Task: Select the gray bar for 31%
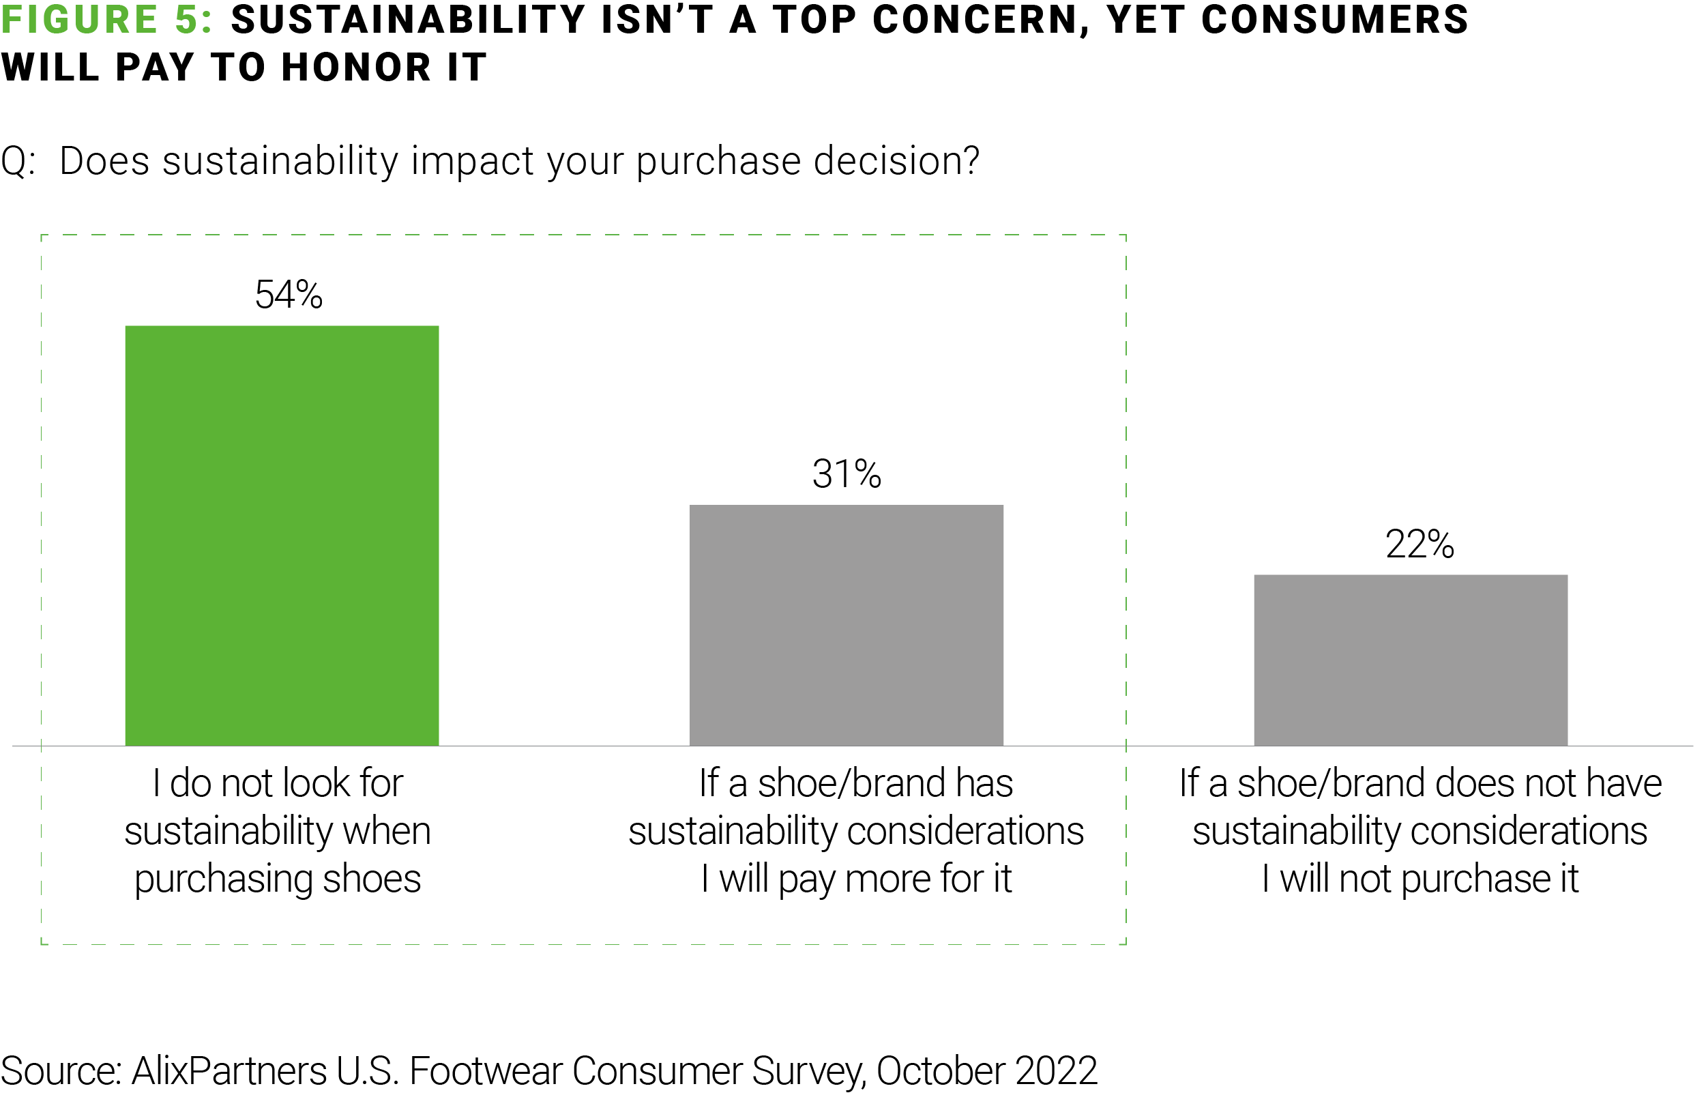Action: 846,625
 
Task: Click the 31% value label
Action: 847,473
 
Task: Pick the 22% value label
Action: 1420,544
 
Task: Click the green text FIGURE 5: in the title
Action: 106,20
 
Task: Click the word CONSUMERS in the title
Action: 1335,20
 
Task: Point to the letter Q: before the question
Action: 18,162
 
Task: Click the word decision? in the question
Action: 896,162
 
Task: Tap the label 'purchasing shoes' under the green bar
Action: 278,879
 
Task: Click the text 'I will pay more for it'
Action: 856,879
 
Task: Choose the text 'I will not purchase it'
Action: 1420,879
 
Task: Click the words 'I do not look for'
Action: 278,784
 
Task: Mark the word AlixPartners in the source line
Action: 230,1071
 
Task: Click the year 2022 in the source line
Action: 1057,1071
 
